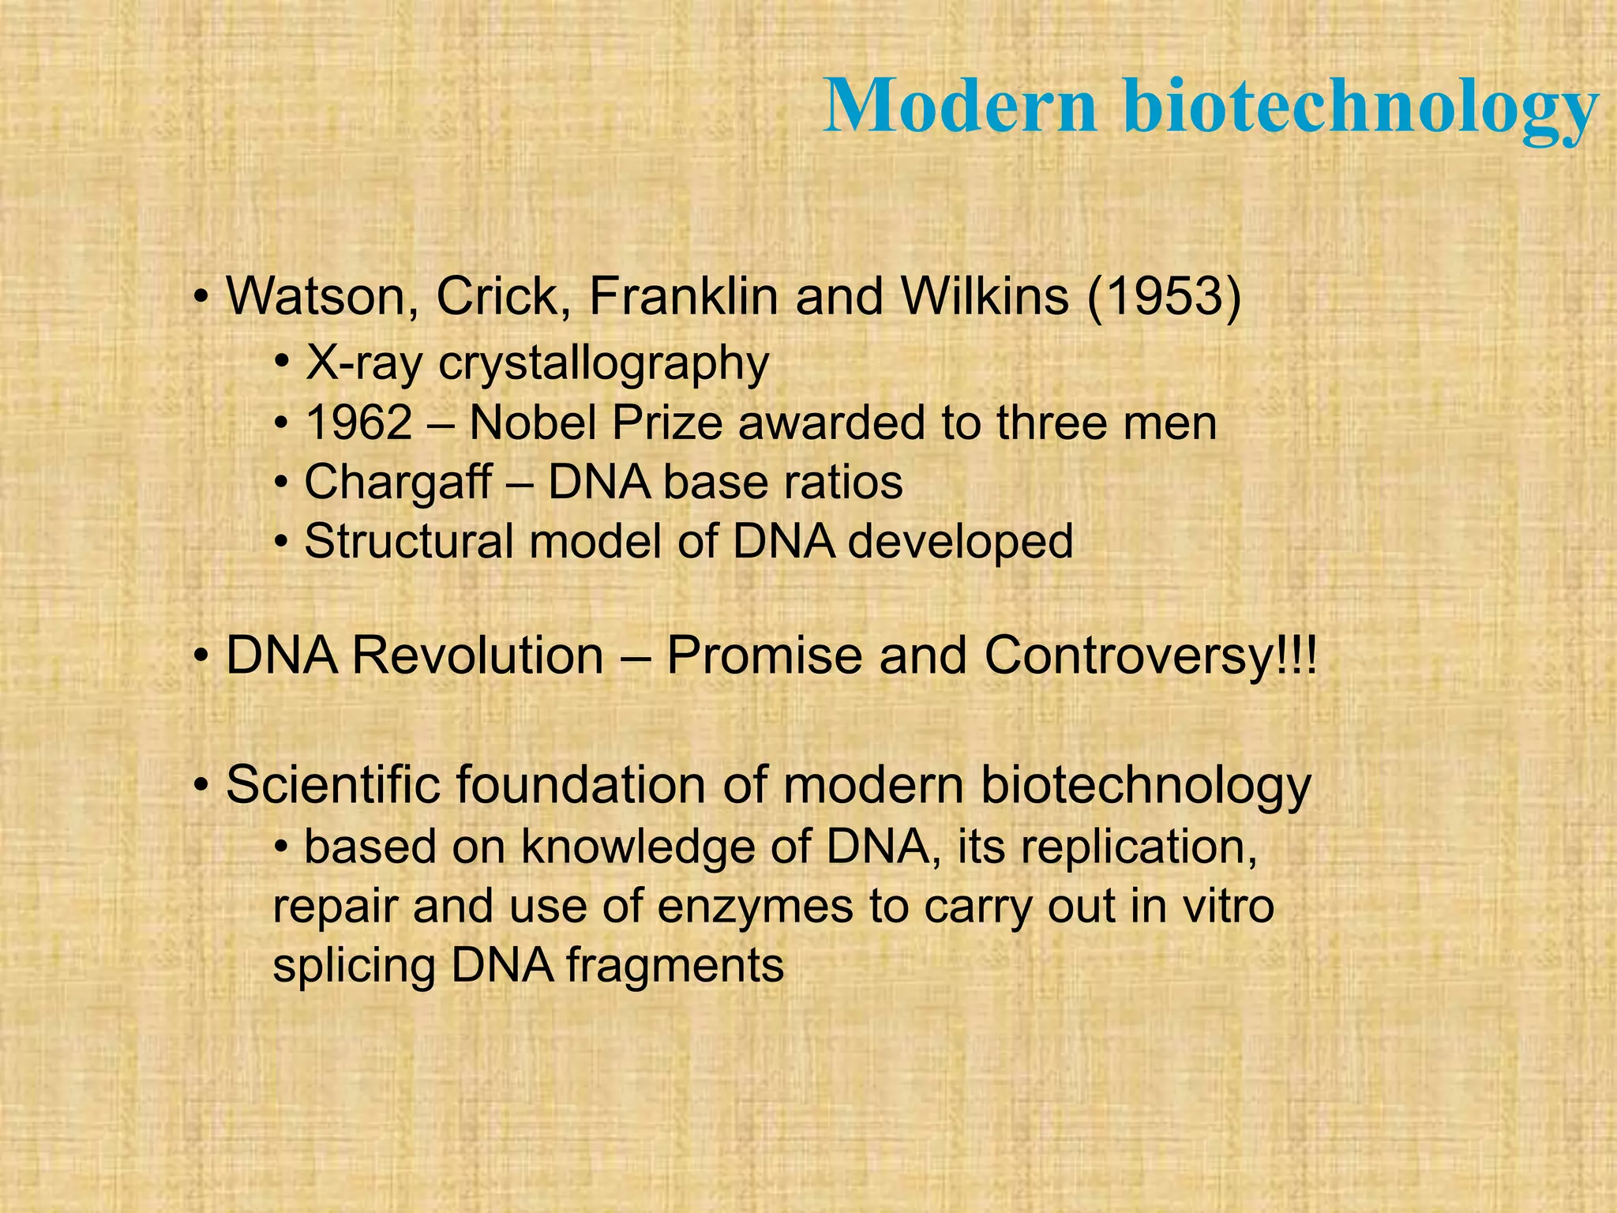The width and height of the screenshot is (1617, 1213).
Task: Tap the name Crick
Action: [503, 296]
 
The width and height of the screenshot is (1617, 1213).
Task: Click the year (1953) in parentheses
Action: [1164, 296]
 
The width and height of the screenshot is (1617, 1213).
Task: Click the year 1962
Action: [358, 422]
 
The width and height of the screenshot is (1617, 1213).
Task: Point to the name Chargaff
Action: [398, 482]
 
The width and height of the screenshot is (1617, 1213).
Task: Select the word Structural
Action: [409, 542]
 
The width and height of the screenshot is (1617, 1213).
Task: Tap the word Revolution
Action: [478, 655]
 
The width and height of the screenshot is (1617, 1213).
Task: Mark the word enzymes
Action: [755, 907]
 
